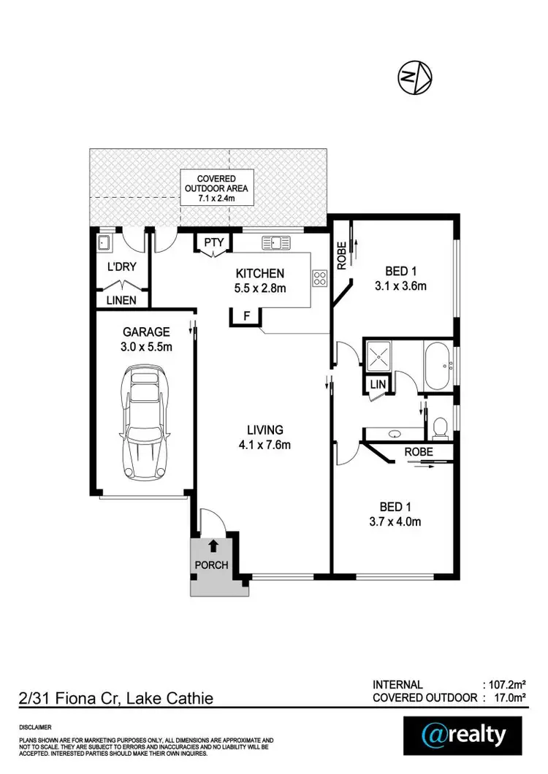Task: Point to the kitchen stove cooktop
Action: tap(319, 277)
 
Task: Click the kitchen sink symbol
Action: tap(278, 241)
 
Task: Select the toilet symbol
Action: tap(440, 426)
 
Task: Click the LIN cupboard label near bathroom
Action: tap(378, 384)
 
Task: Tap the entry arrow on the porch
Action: tap(213, 545)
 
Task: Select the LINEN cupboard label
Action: tap(121, 299)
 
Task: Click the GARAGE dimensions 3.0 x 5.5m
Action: tap(147, 347)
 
